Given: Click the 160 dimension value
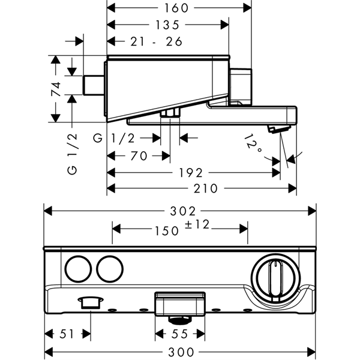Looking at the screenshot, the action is point(176,8).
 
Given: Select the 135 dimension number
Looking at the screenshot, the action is point(167,25).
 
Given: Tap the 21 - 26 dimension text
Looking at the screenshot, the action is point(157,42).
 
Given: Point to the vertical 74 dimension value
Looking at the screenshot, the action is point(56,89).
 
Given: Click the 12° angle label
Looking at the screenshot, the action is point(253,143).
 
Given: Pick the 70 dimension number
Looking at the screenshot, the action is point(139,156).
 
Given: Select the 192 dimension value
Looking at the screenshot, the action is point(191,173).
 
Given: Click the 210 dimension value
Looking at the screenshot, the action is point(205,189).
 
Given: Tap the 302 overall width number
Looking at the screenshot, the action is point(183,211).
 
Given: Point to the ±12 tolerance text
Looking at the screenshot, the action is point(197,224).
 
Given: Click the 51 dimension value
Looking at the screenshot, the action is point(67,334).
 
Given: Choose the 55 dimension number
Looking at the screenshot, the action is point(180,334).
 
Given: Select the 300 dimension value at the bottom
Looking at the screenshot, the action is point(181,352).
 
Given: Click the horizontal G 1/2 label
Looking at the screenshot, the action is point(113,139).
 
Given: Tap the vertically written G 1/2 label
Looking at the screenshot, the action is point(73,154).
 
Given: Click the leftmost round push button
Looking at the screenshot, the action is point(78,269).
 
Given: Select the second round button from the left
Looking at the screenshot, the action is point(110,269).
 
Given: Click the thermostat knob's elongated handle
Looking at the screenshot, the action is point(275,280).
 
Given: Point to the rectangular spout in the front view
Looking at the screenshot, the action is point(180,304).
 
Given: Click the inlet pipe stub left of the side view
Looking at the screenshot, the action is point(94,85).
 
